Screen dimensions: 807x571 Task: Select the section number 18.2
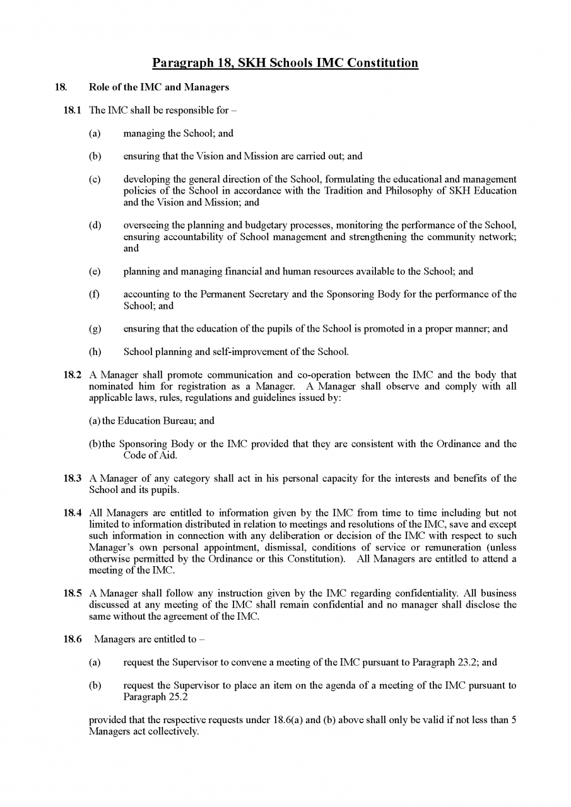(x=71, y=374)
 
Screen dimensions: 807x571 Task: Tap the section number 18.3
(x=71, y=479)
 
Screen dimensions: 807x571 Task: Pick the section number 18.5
(x=71, y=594)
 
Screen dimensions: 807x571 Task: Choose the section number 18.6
(x=71, y=639)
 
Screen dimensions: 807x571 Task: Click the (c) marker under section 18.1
(x=95, y=180)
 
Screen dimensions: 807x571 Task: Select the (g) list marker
(x=95, y=328)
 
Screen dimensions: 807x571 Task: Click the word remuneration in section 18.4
(x=446, y=548)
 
